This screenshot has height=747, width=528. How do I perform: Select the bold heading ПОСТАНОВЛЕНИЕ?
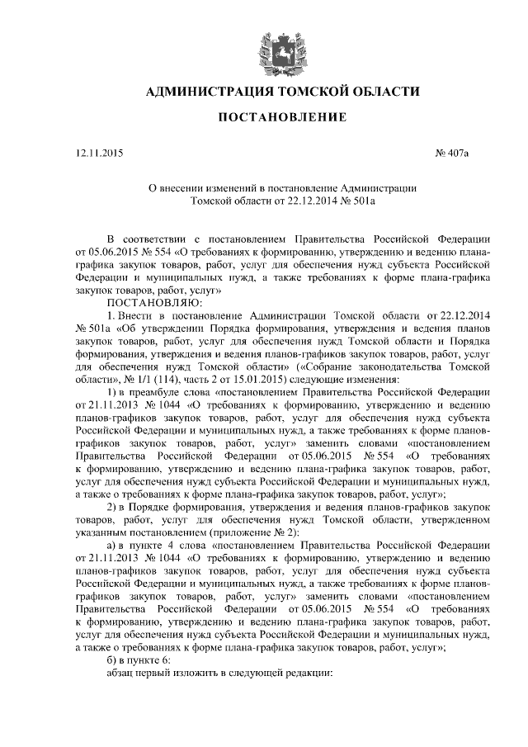(x=271, y=121)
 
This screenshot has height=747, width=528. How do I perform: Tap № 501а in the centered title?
(x=356, y=200)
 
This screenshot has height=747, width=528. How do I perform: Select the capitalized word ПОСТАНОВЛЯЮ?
(x=148, y=302)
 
